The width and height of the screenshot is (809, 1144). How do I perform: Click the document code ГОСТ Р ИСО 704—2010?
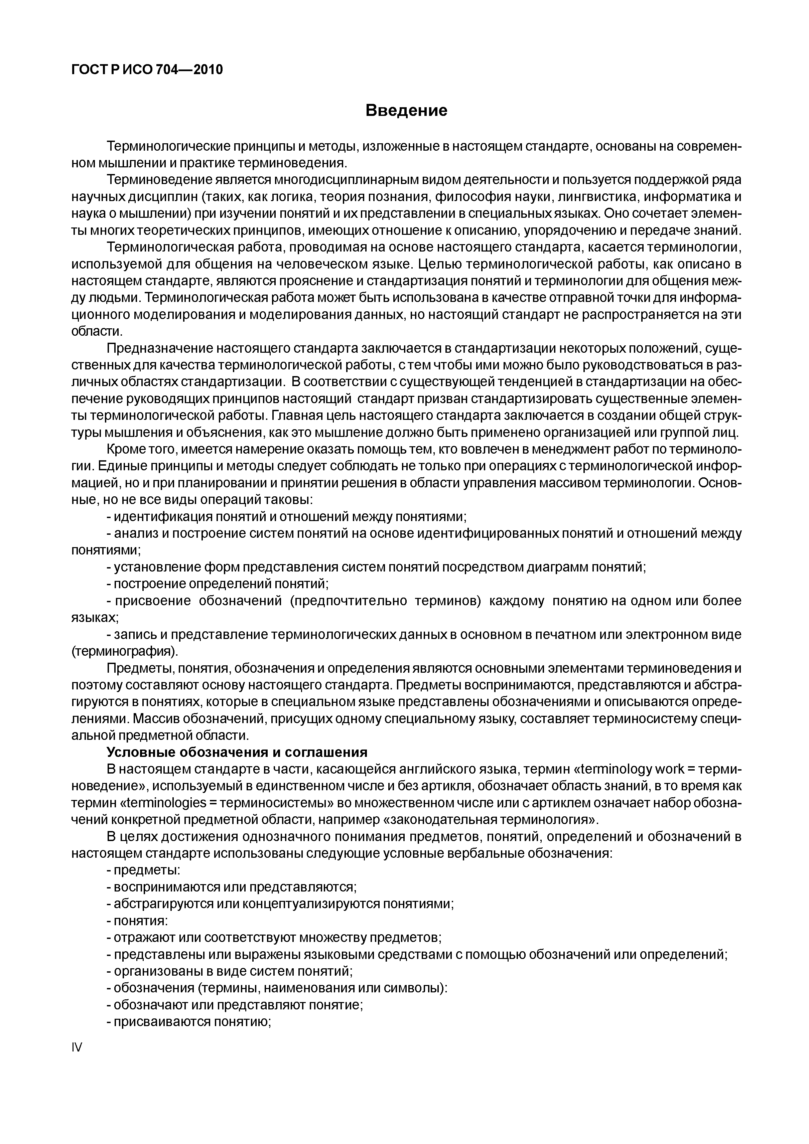tap(147, 70)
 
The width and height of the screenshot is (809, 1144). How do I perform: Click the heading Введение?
tap(406, 110)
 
